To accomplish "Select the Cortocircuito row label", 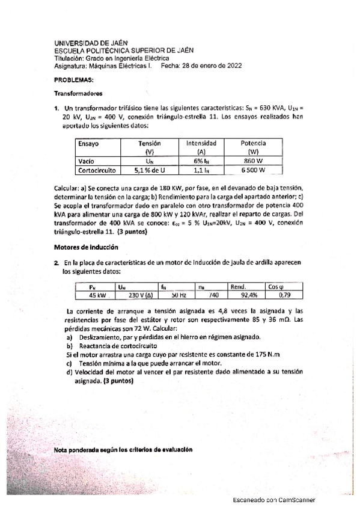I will (x=97, y=170).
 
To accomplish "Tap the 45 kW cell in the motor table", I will (x=96, y=296).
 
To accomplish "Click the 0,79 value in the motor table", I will (x=276, y=296).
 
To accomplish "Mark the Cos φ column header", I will (x=276, y=287).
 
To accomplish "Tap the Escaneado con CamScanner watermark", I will (x=273, y=500).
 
